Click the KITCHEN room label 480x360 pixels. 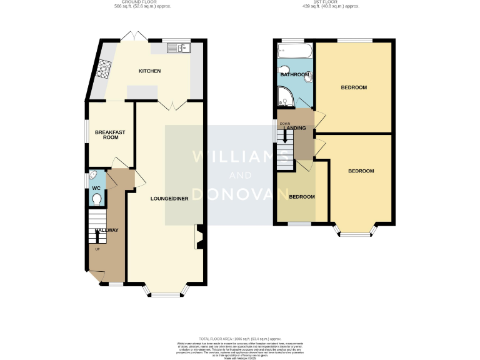click(x=149, y=71)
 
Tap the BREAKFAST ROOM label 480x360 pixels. click(x=106, y=134)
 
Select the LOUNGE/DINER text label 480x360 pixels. click(x=169, y=199)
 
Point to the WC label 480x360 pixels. click(x=96, y=188)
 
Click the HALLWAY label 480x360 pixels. click(x=106, y=231)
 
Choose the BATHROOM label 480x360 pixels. click(x=294, y=75)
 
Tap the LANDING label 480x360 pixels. click(x=296, y=128)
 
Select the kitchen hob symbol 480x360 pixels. click(x=102, y=66)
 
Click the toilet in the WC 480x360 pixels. click(x=96, y=199)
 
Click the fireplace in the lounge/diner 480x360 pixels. click(x=199, y=237)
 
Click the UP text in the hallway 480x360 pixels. click(x=97, y=250)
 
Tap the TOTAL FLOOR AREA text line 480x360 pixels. click(x=241, y=337)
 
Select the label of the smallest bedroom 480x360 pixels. click(x=302, y=197)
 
